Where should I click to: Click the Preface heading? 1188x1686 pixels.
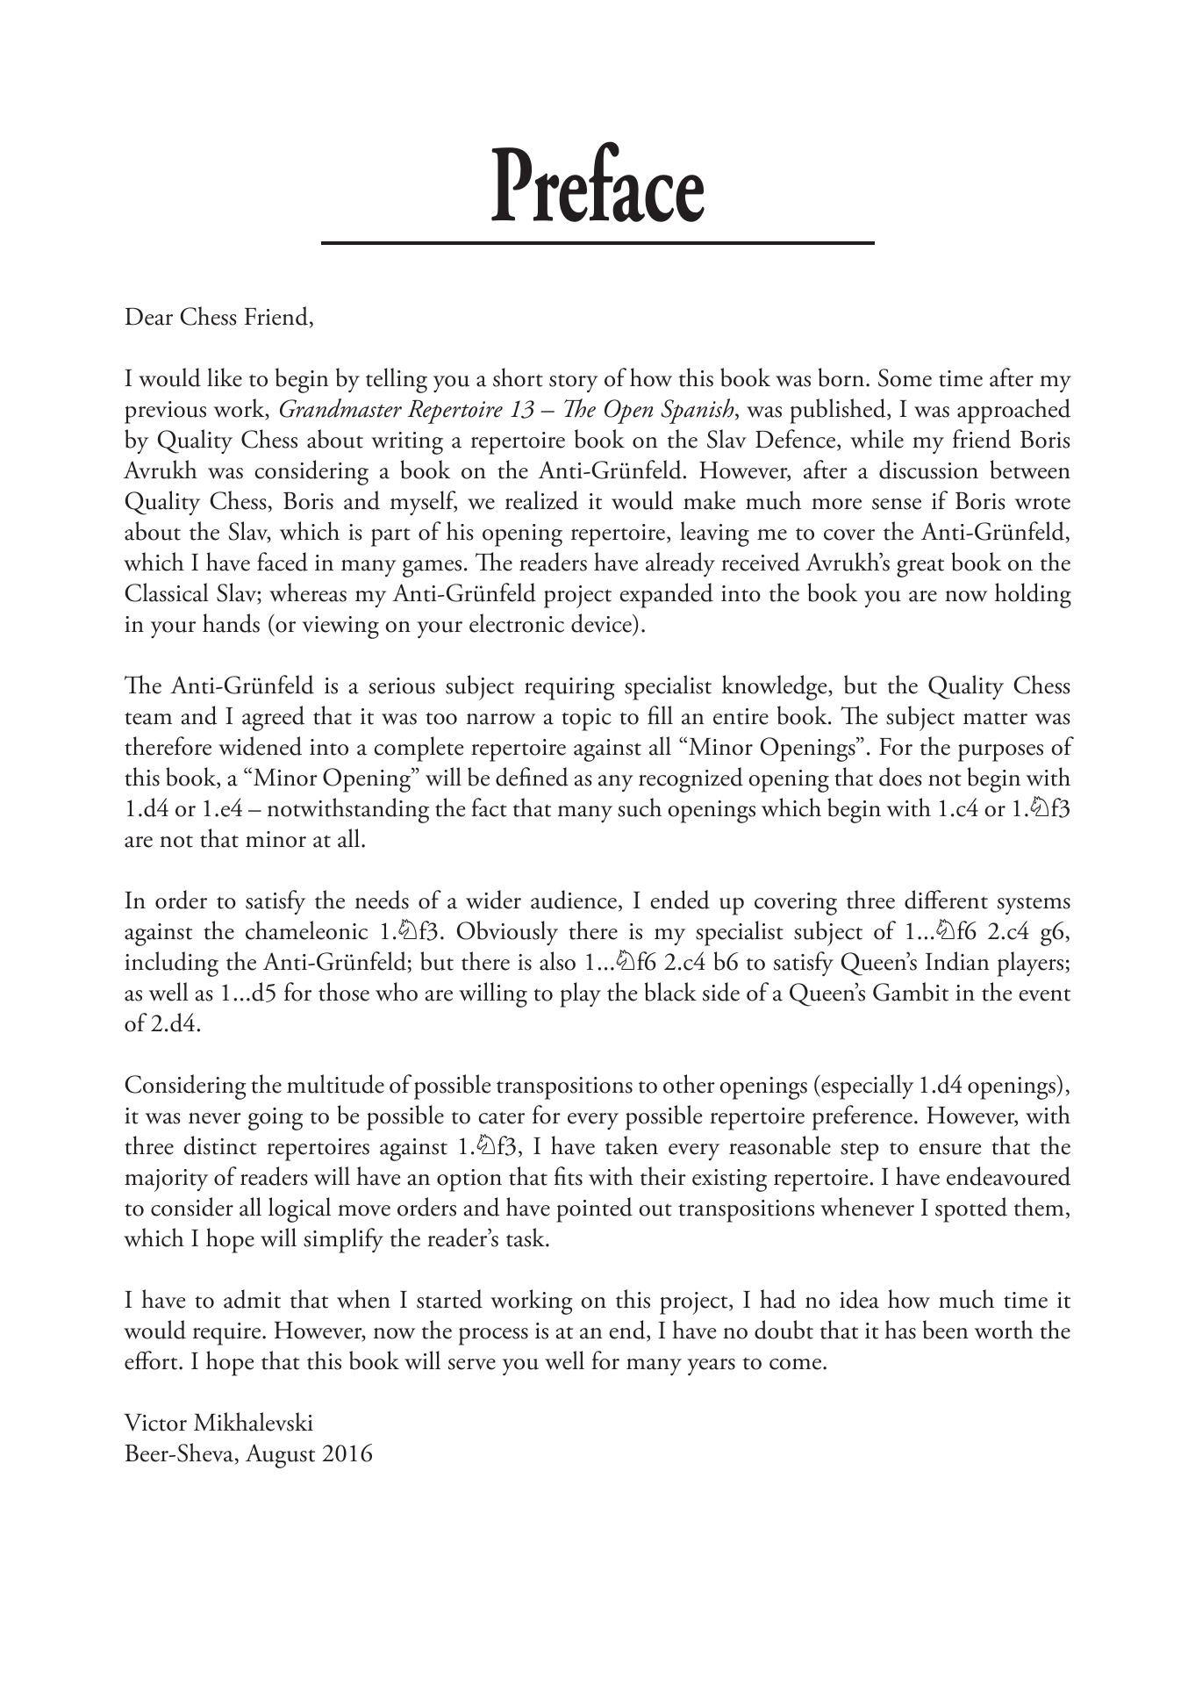point(598,186)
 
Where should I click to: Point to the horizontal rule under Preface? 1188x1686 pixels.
point(598,242)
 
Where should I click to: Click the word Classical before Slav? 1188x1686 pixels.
point(170,594)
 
